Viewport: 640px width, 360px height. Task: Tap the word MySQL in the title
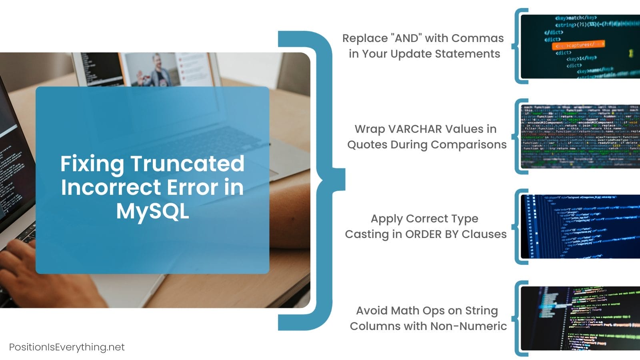(x=152, y=211)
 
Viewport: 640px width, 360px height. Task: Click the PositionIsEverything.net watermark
(x=67, y=347)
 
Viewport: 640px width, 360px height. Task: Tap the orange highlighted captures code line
(x=578, y=45)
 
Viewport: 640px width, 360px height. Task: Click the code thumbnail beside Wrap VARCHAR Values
(x=580, y=136)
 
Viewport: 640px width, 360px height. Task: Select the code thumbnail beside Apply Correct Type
(x=580, y=226)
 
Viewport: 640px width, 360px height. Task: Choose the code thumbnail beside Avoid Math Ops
(x=580, y=318)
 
